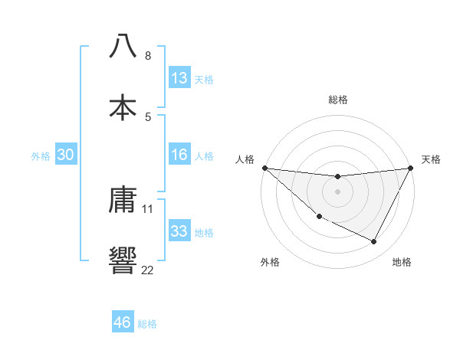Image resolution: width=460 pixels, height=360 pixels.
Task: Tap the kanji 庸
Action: coord(123,201)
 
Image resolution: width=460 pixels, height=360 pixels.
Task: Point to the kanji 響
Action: coord(123,260)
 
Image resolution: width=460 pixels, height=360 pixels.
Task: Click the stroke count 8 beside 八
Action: coord(147,56)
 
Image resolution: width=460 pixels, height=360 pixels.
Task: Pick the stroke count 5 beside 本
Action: coord(147,116)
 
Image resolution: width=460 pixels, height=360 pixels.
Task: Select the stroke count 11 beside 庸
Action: coord(148,208)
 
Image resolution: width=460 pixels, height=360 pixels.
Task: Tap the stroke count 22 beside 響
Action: coord(148,269)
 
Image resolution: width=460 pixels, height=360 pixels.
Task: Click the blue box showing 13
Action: coord(179,77)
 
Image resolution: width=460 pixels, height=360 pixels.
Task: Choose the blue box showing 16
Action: coord(179,155)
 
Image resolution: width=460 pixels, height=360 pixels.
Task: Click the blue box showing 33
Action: coord(179,231)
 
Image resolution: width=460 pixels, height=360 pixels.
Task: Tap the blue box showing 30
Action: coord(66,155)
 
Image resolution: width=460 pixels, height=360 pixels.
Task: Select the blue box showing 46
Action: coord(123,322)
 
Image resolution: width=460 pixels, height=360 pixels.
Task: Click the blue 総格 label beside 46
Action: coord(148,324)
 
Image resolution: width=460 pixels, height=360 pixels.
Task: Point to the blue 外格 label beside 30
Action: coord(41,156)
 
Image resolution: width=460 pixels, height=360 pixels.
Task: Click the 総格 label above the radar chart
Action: coord(337,100)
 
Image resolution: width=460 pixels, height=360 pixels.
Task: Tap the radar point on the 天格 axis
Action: coord(411,168)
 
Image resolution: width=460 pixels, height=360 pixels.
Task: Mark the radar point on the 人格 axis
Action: coord(264,168)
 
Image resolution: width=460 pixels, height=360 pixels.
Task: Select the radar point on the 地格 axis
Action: coord(374,242)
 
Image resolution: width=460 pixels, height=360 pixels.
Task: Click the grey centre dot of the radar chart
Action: coord(337,191)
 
